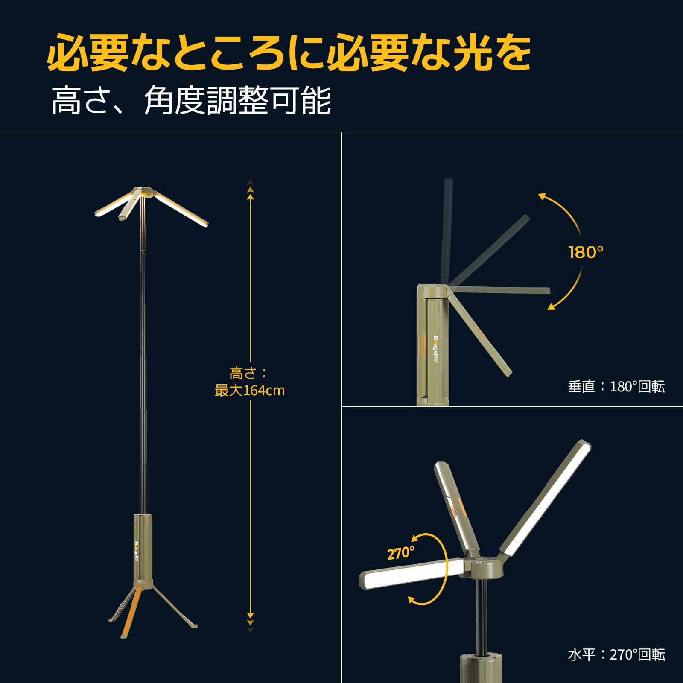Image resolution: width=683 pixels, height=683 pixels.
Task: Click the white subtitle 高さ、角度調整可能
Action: pyautogui.click(x=191, y=101)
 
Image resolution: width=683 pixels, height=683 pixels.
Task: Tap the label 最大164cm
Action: pyautogui.click(x=250, y=391)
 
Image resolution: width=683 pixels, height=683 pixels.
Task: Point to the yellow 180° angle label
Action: pyautogui.click(x=586, y=252)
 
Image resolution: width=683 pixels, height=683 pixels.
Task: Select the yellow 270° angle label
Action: pyautogui.click(x=400, y=553)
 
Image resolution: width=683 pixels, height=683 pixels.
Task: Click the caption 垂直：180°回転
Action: pyautogui.click(x=616, y=387)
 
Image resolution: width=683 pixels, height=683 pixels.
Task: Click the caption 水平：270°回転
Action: pyautogui.click(x=616, y=655)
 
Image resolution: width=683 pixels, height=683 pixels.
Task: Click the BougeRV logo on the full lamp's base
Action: pyautogui.click(x=136, y=551)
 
